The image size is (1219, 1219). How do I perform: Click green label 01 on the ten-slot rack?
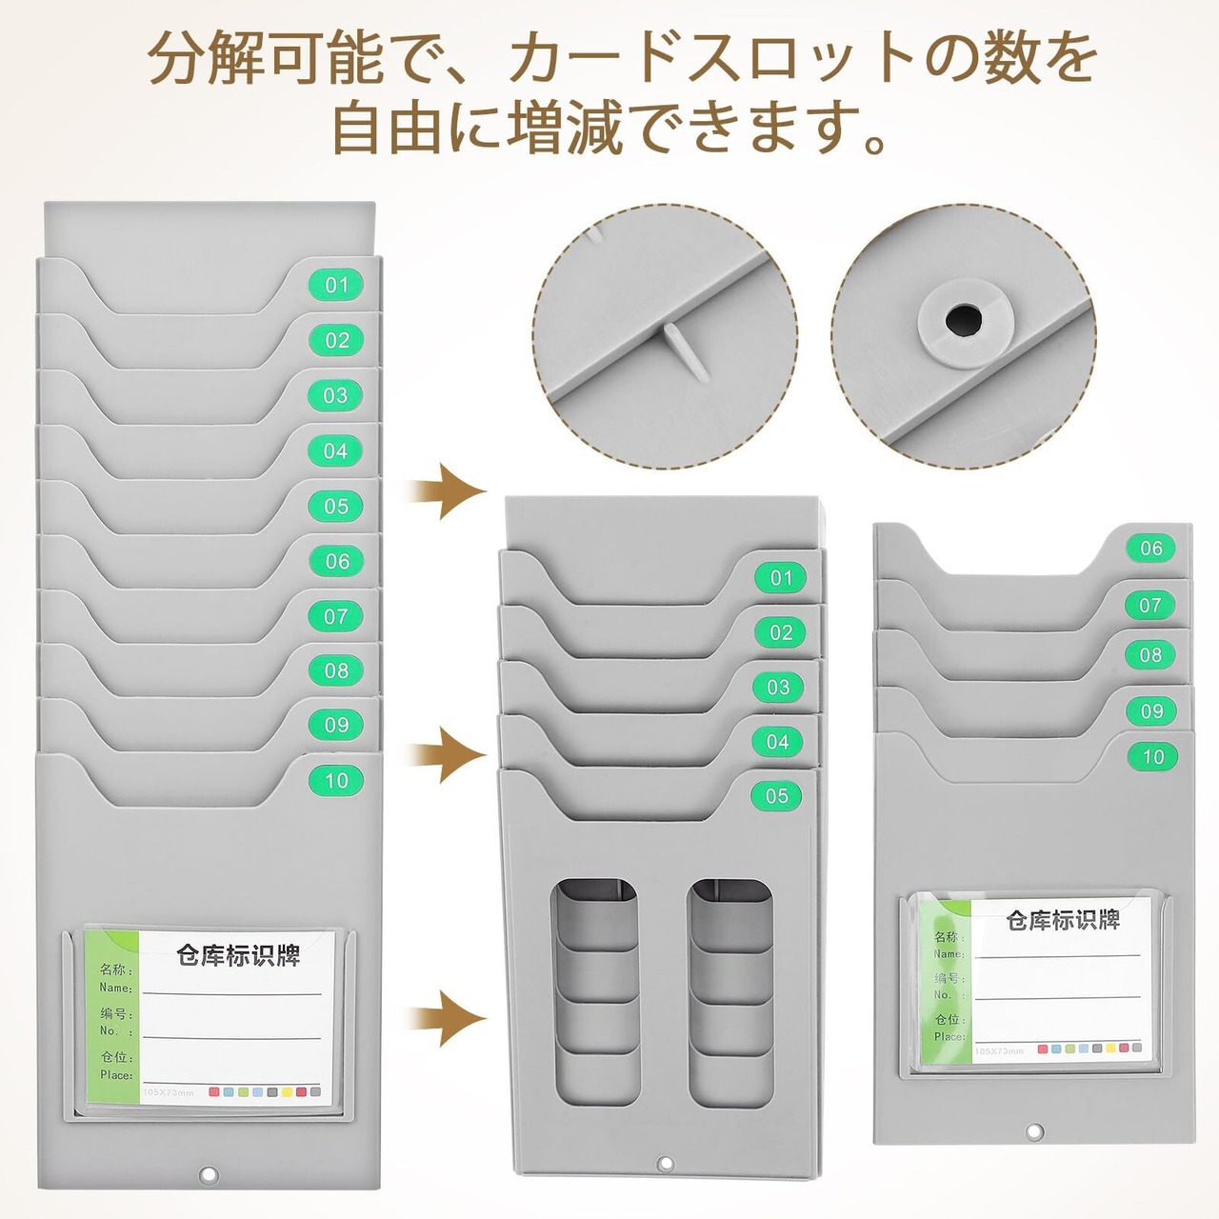pos(336,285)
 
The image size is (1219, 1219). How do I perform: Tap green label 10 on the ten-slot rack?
pos(336,781)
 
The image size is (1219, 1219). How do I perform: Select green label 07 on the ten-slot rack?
pos(336,616)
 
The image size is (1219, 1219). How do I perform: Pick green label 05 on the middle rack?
pos(777,796)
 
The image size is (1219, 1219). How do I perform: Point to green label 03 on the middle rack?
pos(778,687)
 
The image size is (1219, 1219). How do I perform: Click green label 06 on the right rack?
pos(1151,548)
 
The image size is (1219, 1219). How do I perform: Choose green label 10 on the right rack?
pos(1153,757)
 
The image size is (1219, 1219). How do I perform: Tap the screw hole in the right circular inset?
pos(963,320)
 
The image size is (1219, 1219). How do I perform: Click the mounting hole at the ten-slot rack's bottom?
pos(209,1176)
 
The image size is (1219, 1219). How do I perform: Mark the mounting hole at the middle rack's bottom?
pos(666,1164)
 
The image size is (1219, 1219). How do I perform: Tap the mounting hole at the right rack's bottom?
pos(1032,1132)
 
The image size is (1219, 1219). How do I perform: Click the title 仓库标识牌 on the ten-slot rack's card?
pos(238,955)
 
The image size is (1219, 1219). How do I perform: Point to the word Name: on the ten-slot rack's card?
pos(115,988)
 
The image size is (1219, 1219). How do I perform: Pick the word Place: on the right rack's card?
pos(949,1036)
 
